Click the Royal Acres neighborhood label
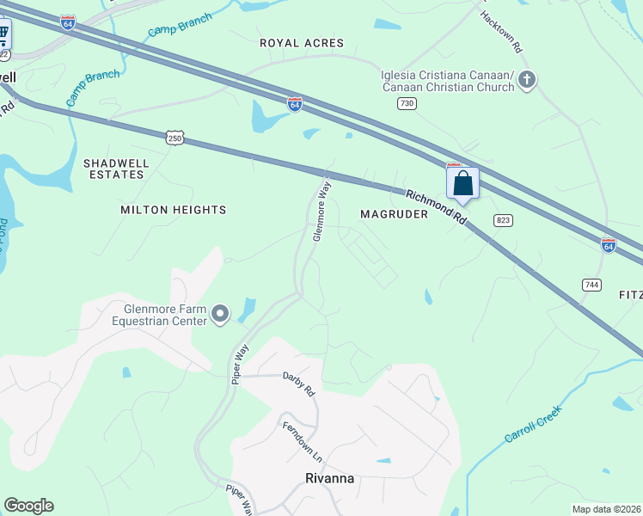pyautogui.click(x=301, y=43)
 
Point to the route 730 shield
pyautogui.click(x=407, y=103)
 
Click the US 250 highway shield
pyautogui.click(x=175, y=138)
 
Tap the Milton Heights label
pyautogui.click(x=173, y=210)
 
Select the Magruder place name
pyautogui.click(x=394, y=214)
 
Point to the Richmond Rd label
pyautogui.click(x=437, y=207)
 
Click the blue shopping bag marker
pyautogui.click(x=462, y=183)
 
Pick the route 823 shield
pyautogui.click(x=504, y=221)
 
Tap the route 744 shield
pyautogui.click(x=591, y=285)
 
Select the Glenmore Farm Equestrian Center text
pyautogui.click(x=159, y=316)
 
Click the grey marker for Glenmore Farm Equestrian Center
pyautogui.click(x=220, y=315)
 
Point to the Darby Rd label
pyautogui.click(x=298, y=383)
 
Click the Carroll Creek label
pyautogui.click(x=532, y=424)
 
